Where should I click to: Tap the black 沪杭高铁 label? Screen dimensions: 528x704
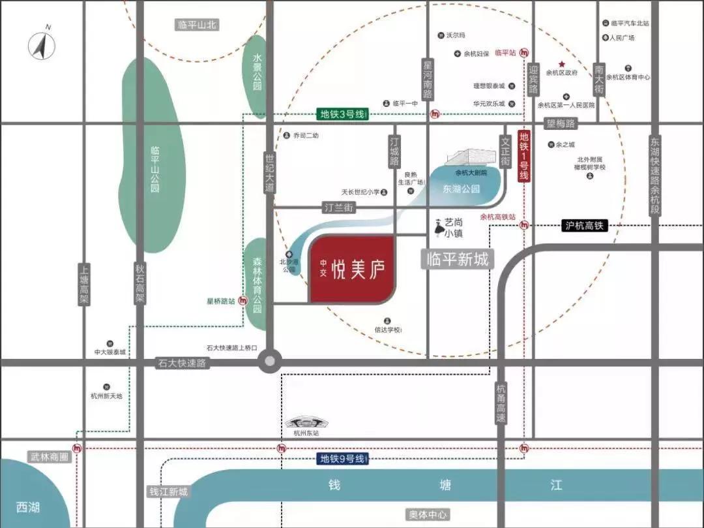[584, 226]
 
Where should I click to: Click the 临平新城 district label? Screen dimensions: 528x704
[457, 260]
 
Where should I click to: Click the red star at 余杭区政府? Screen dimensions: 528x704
[561, 64]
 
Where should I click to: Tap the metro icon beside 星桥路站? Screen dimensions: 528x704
[243, 301]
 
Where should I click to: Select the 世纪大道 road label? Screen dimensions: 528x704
[270, 172]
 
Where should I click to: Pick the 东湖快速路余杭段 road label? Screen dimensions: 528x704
[655, 176]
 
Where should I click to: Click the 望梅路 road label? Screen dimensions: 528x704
[561, 123]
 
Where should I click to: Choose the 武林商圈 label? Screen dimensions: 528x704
[49, 458]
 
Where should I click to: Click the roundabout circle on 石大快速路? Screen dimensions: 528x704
[270, 362]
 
